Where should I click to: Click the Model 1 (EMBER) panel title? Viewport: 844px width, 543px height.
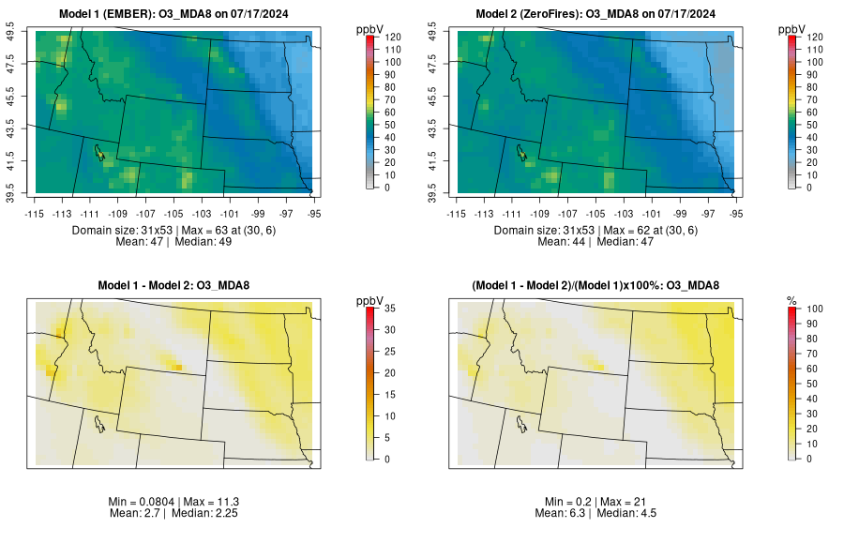177,13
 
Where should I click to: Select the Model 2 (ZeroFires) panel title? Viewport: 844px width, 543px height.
599,13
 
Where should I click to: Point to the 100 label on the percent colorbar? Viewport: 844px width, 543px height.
813,308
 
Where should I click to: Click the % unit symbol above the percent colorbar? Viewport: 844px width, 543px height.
791,300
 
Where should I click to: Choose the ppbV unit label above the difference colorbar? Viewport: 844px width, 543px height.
370,300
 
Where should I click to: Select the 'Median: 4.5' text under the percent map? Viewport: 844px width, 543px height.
632,514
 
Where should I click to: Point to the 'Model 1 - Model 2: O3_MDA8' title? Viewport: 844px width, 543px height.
177,285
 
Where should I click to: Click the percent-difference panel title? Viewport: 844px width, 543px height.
599,285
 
